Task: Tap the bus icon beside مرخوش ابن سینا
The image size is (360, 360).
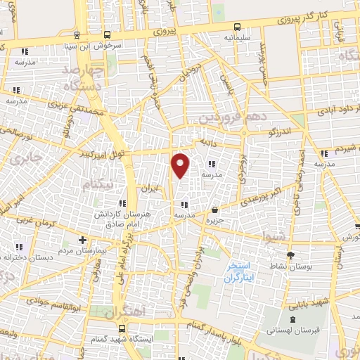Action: coord(106,34)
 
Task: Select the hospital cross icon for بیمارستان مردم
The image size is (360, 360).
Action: coord(83,240)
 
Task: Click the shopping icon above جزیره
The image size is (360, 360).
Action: coord(214,210)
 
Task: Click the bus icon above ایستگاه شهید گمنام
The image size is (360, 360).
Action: coord(122,328)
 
